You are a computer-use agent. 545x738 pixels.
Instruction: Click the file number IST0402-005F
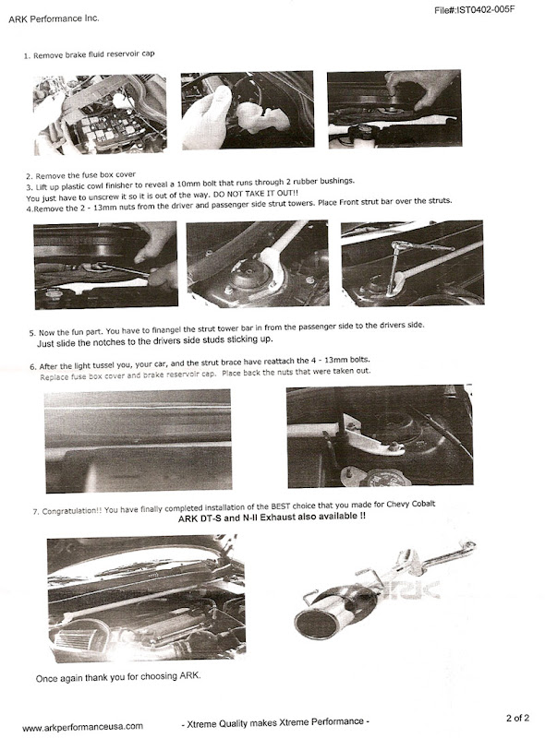[474, 10]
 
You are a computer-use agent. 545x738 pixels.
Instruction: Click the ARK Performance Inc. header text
[54, 18]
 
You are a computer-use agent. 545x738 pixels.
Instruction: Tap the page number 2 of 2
[517, 718]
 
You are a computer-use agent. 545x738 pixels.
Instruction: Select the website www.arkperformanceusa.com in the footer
[82, 727]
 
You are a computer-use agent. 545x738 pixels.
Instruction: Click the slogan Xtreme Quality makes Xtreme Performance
[275, 722]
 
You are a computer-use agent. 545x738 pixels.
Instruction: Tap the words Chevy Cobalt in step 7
[411, 504]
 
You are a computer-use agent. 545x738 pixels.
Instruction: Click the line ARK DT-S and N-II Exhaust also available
[272, 518]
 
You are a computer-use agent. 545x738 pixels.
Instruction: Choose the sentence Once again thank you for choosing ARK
[118, 677]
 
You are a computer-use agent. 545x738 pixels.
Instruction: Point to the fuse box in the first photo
[107, 128]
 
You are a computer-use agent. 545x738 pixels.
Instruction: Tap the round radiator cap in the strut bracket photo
[381, 479]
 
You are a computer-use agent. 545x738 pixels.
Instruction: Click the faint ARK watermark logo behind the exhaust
[414, 589]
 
